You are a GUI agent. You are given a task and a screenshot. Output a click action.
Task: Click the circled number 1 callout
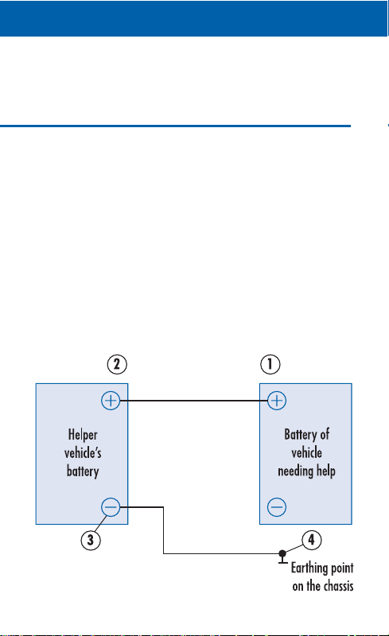tap(270, 364)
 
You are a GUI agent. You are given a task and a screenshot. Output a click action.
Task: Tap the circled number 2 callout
tap(117, 364)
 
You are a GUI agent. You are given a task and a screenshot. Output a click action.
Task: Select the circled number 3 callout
tap(91, 540)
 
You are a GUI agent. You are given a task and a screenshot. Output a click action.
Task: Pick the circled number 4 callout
tap(312, 540)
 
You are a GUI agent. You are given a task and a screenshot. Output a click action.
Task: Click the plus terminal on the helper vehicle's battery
tap(111, 401)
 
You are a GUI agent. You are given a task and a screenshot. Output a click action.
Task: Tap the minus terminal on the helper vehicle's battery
tap(111, 507)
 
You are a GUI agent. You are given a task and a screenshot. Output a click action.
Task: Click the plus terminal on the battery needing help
tap(277, 401)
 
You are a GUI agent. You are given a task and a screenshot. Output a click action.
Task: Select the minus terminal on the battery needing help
tap(277, 507)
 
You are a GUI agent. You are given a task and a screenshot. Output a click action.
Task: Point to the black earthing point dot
tap(282, 553)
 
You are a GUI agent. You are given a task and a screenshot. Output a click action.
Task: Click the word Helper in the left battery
tap(83, 435)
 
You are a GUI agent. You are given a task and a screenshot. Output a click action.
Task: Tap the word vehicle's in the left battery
tap(83, 452)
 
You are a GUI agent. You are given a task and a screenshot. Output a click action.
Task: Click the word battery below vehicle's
tap(83, 471)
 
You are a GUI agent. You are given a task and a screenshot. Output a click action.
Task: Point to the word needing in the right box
tap(296, 471)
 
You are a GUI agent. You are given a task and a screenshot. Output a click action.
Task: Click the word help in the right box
tap(326, 471)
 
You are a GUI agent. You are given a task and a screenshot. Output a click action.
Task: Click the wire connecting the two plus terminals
tap(193, 401)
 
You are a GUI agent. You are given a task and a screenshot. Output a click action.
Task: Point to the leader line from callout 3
tap(101, 524)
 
